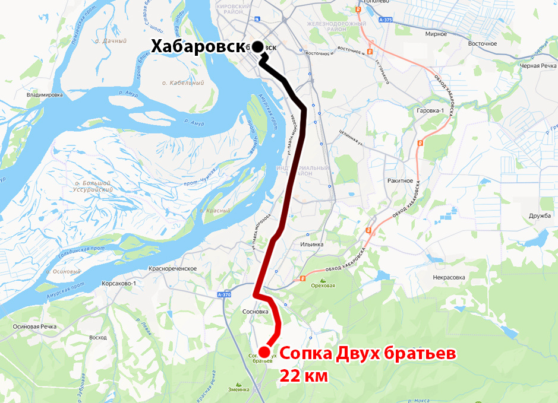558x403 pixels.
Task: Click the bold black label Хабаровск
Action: point(197,46)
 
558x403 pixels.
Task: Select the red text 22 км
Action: point(304,376)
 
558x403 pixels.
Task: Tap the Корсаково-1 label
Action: point(119,283)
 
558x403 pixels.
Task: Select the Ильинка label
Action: point(312,244)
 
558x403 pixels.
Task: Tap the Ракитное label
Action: point(399,180)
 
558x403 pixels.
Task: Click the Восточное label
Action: point(482,43)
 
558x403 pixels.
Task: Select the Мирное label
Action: point(436,34)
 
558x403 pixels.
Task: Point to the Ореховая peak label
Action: point(324,285)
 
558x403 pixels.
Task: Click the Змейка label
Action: point(239,390)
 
